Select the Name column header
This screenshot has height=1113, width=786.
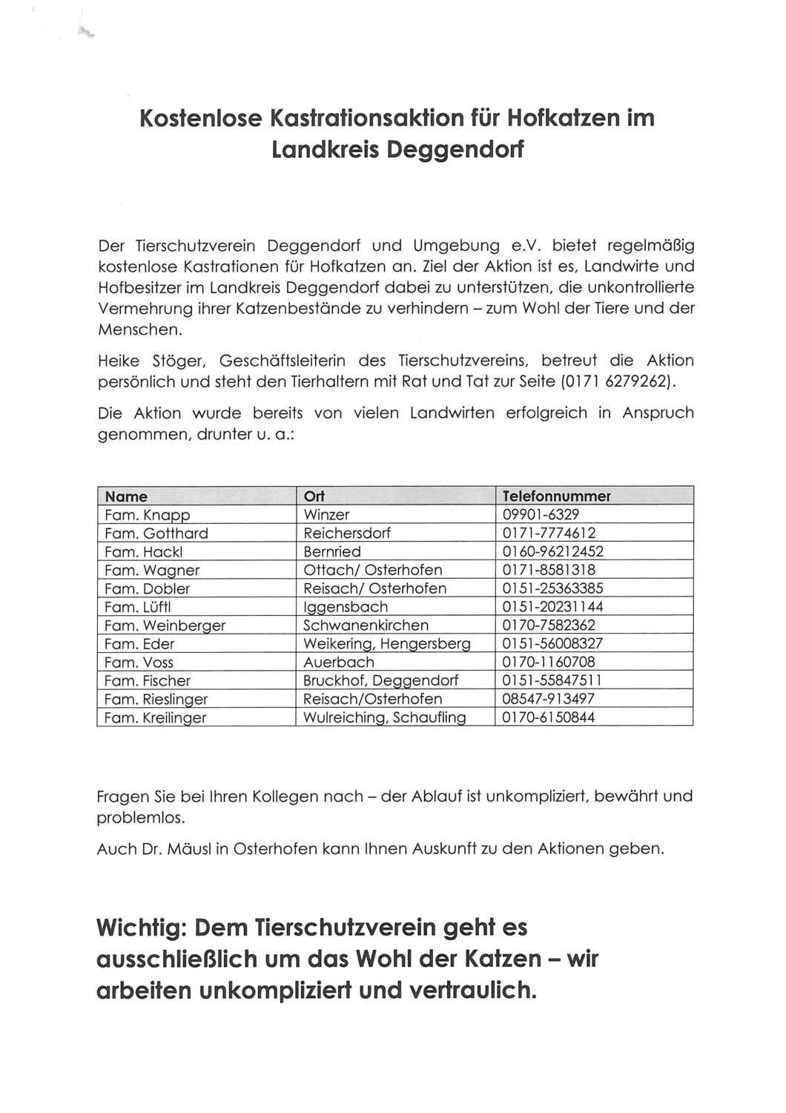coord(126,496)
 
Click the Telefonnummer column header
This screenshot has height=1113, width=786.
coord(556,496)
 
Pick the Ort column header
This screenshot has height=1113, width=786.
coord(314,496)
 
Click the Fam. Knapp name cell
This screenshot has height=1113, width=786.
coord(147,515)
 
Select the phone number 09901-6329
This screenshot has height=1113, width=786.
coord(541,515)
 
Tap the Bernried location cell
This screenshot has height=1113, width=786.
coord(332,551)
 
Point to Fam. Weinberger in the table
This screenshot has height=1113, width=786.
coord(165,626)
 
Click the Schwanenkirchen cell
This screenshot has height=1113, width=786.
coord(366,626)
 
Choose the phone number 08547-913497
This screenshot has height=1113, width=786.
coord(548,699)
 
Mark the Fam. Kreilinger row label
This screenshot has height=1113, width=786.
coord(155,718)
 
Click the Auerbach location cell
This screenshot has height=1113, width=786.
coord(339,662)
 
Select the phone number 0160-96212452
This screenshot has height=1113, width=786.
coord(552,551)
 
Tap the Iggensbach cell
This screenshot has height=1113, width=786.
coord(345,607)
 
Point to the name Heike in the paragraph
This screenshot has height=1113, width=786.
coord(119,361)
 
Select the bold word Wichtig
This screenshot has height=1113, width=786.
coord(139,927)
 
